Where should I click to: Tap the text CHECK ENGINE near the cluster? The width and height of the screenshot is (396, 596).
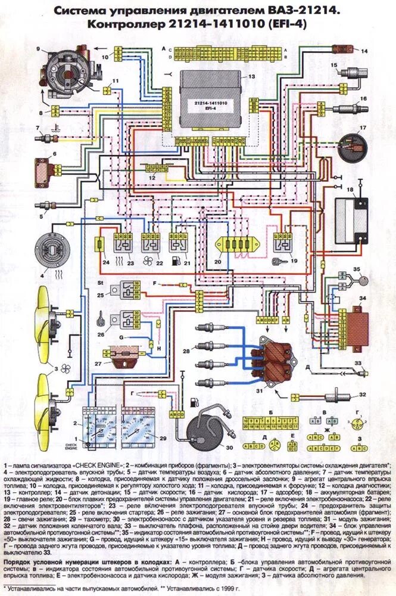71,445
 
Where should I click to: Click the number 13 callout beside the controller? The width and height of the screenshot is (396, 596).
251,77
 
